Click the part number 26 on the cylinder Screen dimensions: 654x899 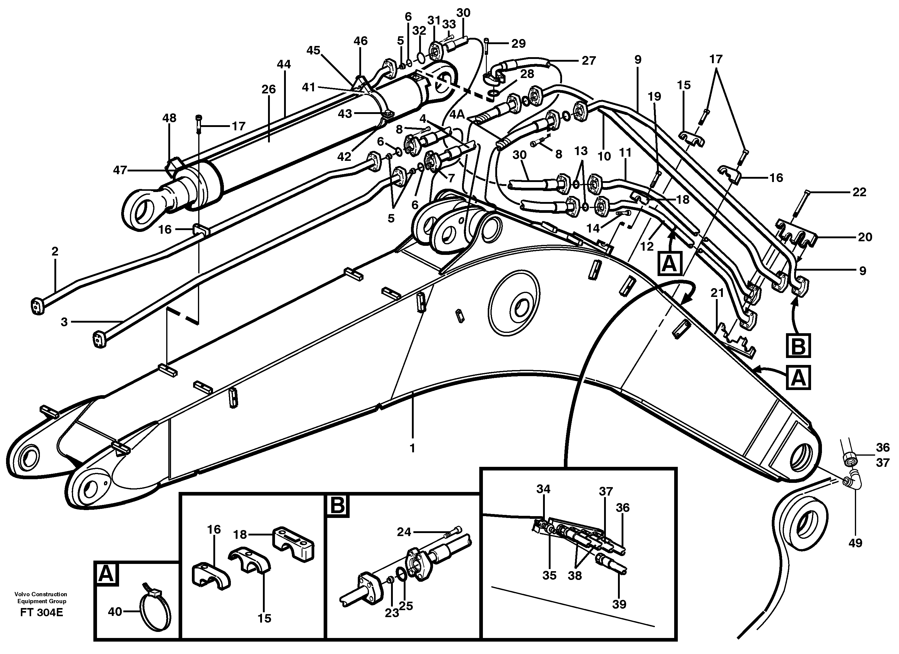click(268, 89)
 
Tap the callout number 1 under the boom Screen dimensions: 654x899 click(412, 448)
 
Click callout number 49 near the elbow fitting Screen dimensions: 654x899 click(855, 543)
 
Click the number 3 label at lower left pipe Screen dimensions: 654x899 click(64, 322)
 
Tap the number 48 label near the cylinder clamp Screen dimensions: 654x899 click(169, 118)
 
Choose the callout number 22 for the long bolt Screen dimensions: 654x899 click(859, 192)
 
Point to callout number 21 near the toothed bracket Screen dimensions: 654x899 click(717, 294)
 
